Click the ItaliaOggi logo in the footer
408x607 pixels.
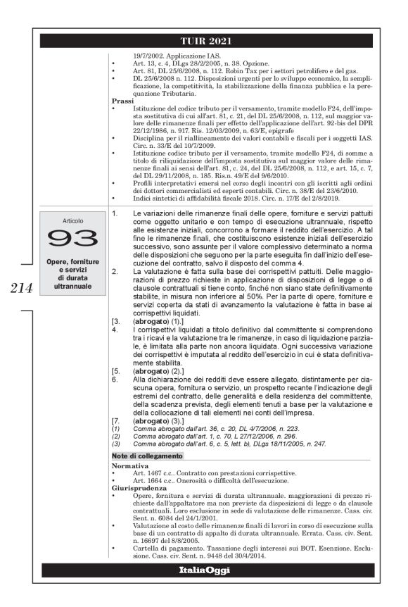pos(204,570)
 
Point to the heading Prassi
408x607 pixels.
pos(125,101)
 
